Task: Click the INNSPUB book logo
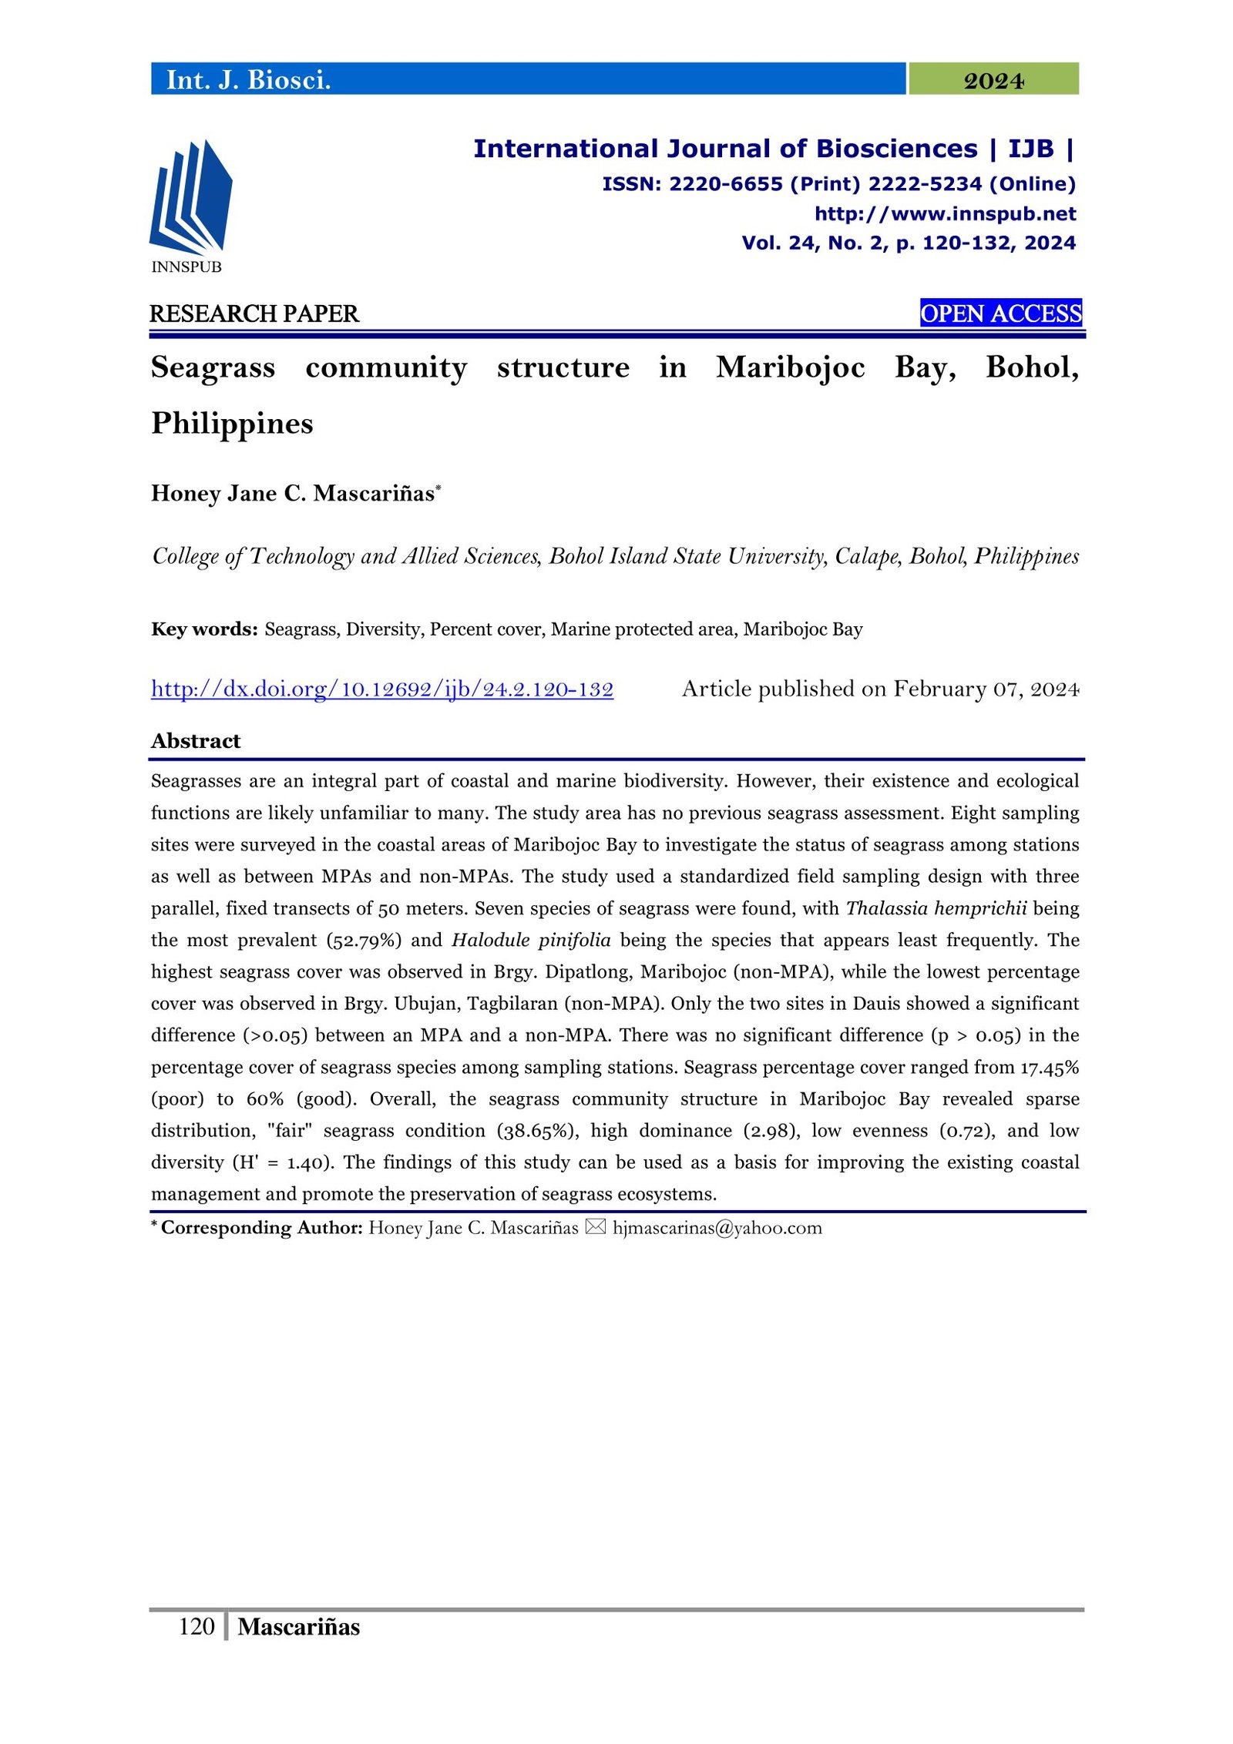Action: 190,198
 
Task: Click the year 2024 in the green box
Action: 993,80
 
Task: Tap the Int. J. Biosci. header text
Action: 248,80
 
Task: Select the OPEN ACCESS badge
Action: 1000,314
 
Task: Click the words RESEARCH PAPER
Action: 254,314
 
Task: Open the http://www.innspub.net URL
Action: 945,213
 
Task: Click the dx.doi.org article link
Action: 382,689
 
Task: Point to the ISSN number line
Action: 838,184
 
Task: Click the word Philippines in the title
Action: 232,423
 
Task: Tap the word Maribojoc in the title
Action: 790,367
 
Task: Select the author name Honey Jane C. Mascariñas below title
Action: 293,493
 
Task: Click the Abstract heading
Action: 196,741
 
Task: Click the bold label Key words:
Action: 204,629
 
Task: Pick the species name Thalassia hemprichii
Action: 936,908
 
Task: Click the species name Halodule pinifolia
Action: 531,940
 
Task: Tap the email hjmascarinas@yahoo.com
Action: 717,1228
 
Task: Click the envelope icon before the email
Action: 595,1227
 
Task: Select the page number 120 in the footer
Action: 197,1626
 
